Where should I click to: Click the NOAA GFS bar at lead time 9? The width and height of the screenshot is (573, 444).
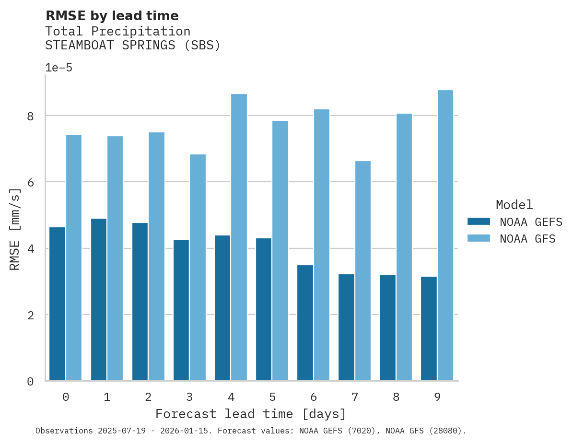445,235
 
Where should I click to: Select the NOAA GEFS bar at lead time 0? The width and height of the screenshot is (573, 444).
57,304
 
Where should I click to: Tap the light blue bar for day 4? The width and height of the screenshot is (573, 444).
239,237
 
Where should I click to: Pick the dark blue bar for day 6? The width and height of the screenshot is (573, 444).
305,323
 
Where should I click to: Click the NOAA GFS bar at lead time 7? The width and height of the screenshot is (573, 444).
363,270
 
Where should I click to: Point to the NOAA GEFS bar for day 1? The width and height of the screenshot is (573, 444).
98,299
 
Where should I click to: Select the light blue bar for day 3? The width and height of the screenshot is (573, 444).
198,267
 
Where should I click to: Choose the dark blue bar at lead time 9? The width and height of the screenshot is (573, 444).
429,328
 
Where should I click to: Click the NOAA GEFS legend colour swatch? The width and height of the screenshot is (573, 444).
479,222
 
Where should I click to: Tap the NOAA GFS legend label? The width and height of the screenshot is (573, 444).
527,239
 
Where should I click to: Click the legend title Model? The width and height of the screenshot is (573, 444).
514,205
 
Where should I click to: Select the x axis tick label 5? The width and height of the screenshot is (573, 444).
272,397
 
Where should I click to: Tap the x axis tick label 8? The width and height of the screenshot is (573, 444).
396,397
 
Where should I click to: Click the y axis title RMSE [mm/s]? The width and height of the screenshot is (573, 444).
15,229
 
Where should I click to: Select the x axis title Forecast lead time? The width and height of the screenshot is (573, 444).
250,414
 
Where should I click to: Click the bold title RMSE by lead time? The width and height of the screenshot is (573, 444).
112,16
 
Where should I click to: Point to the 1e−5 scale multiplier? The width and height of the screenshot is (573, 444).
58,68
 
